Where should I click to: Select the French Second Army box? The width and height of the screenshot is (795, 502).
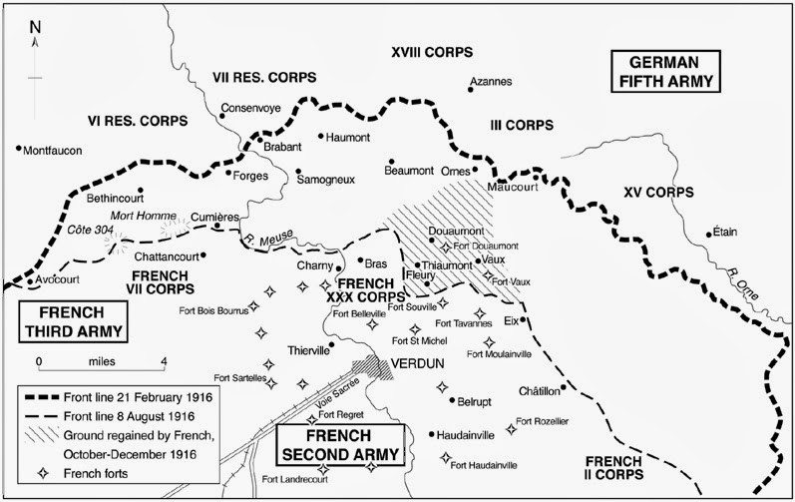click(340, 444)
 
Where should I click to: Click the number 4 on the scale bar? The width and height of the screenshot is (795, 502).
click(163, 361)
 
